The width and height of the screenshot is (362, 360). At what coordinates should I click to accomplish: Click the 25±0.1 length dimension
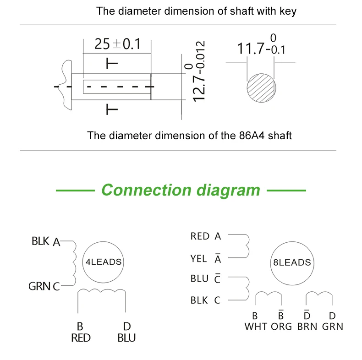pyautogui.click(x=117, y=44)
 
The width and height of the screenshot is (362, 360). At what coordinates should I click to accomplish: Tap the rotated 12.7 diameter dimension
pyautogui.click(x=198, y=71)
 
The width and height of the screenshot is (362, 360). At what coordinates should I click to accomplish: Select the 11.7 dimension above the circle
pyautogui.click(x=261, y=45)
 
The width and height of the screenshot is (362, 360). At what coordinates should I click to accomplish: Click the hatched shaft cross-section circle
pyautogui.click(x=261, y=88)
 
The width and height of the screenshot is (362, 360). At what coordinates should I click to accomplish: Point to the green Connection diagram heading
pyautogui.click(x=181, y=191)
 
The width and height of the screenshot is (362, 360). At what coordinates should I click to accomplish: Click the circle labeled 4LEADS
pyautogui.click(x=103, y=262)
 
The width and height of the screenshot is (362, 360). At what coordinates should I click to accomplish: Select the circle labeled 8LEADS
pyautogui.click(x=292, y=263)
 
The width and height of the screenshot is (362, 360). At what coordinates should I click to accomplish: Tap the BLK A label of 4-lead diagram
pyautogui.click(x=46, y=241)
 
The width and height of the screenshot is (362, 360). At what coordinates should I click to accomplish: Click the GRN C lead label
pyautogui.click(x=44, y=286)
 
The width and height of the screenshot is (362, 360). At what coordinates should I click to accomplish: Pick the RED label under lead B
pyautogui.click(x=81, y=338)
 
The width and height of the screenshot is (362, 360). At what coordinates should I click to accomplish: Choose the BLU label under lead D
pyautogui.click(x=126, y=338)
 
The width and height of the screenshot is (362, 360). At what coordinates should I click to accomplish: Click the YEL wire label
pyautogui.click(x=198, y=259)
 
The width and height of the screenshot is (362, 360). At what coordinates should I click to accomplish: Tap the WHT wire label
pyautogui.click(x=256, y=327)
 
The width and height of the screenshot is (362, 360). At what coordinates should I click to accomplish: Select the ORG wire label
pyautogui.click(x=281, y=327)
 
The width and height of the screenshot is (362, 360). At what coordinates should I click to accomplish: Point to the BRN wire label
pyautogui.click(x=307, y=327)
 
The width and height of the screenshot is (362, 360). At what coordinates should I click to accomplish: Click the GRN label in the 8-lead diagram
pyautogui.click(x=333, y=327)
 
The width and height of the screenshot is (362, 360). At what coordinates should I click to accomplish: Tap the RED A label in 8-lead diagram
pyautogui.click(x=206, y=236)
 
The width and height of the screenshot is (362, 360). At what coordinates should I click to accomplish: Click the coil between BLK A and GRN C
pyautogui.click(x=74, y=263)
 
